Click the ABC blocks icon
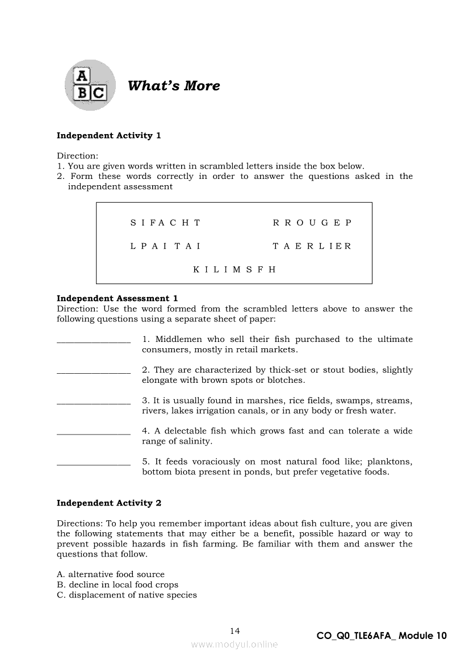point(90,85)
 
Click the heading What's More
point(174,86)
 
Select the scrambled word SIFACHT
point(165,223)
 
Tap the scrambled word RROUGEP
point(312,223)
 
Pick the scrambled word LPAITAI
point(165,246)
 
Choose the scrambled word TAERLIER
point(312,246)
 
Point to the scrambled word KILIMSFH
point(235,269)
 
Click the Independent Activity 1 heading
point(109,135)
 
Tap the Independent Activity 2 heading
point(109,503)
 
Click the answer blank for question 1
point(94,341)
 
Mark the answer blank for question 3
point(94,402)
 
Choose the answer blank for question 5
point(94,463)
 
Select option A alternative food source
point(111,574)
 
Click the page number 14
point(235,630)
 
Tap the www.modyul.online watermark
point(235,644)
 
